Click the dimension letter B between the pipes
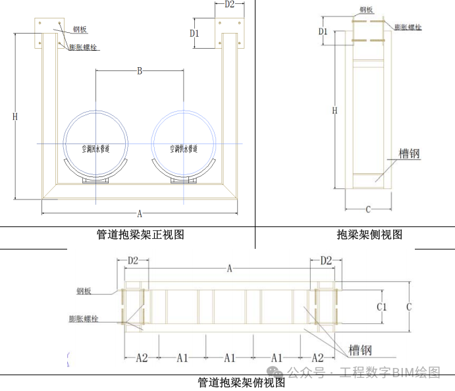tap(140, 71)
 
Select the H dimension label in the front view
tap(15, 117)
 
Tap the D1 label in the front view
tap(196, 33)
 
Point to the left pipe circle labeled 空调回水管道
tap(96, 143)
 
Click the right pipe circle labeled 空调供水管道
tap(184, 143)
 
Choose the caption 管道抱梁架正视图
tap(140, 234)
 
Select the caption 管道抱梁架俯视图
tap(242, 382)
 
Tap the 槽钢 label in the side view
tap(410, 154)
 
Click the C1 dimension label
tap(381, 307)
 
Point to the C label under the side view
tap(368, 209)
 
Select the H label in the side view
tap(335, 111)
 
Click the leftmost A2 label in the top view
tap(142, 357)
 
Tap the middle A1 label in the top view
tap(229, 357)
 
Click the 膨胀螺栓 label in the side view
tap(408, 27)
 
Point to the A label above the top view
tap(229, 268)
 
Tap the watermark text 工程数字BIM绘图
tap(388, 373)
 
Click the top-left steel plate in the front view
tap(49, 32)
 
